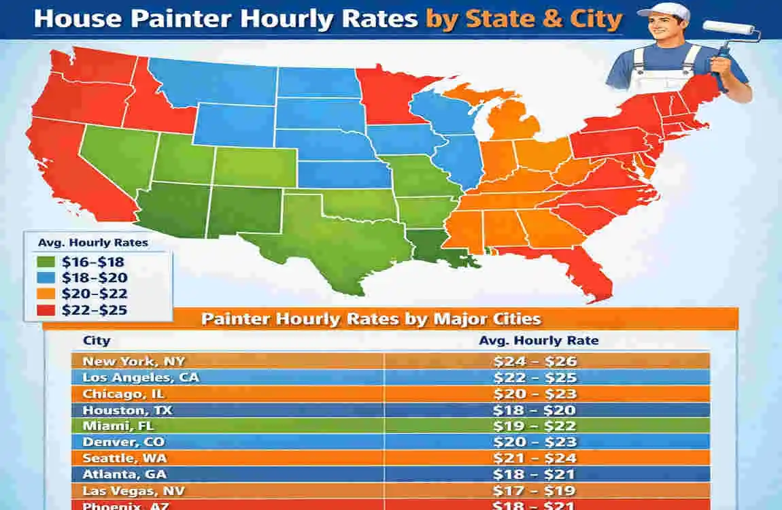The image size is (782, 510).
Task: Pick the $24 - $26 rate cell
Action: click(x=535, y=361)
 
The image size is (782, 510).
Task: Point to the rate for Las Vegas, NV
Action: click(x=535, y=490)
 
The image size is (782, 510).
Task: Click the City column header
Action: click(x=96, y=341)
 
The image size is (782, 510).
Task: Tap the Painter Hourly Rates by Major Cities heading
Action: click(x=371, y=318)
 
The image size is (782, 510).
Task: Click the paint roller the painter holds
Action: click(x=729, y=31)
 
